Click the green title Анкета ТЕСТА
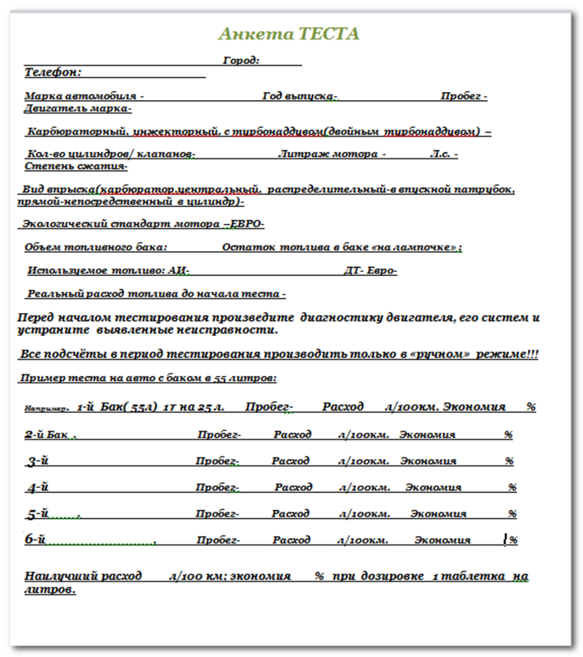[288, 34]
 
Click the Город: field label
[241, 60]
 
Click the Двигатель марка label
[78, 108]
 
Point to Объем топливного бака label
[96, 246]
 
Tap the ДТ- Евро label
[370, 270]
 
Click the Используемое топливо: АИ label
[108, 270]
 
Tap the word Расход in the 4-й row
[293, 487]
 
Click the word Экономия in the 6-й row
[442, 540]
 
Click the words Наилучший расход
[82, 576]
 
